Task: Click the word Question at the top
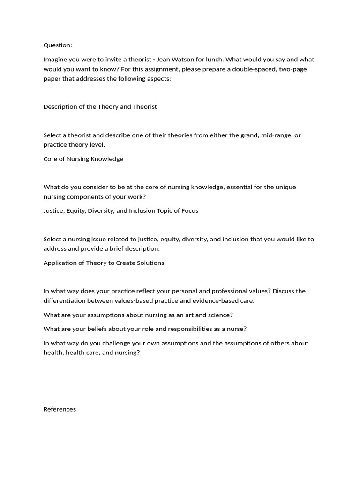(x=58, y=45)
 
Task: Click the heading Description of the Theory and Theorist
(x=100, y=106)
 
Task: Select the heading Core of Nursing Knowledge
(x=83, y=159)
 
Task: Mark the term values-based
(x=143, y=300)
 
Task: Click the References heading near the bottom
(x=60, y=409)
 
